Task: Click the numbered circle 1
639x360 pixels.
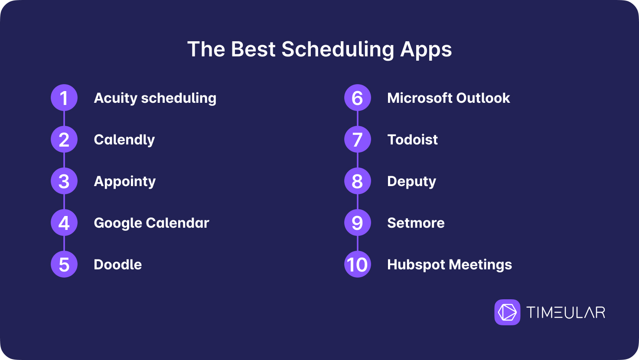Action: pyautogui.click(x=64, y=98)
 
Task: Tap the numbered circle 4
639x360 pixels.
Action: pyautogui.click(x=64, y=223)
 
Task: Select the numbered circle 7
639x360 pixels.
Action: pyautogui.click(x=358, y=139)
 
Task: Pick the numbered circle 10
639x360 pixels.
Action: pyautogui.click(x=358, y=265)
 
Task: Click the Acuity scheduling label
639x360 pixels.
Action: pyautogui.click(x=155, y=98)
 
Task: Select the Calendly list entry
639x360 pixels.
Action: pyautogui.click(x=124, y=140)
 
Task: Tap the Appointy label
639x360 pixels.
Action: pyautogui.click(x=125, y=182)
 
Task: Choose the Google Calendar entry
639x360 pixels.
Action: pyautogui.click(x=151, y=223)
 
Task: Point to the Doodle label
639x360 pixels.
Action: pyautogui.click(x=118, y=265)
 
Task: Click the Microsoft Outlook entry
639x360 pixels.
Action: pyautogui.click(x=448, y=98)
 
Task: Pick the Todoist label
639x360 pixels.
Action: pyautogui.click(x=413, y=140)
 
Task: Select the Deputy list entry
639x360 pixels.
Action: pyautogui.click(x=412, y=182)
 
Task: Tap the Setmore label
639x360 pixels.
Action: pyautogui.click(x=416, y=223)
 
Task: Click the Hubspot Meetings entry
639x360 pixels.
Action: pyautogui.click(x=450, y=265)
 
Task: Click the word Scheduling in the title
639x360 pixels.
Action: pyautogui.click(x=338, y=50)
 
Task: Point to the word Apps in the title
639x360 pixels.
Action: pyautogui.click(x=426, y=50)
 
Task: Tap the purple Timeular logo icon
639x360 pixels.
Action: pyautogui.click(x=507, y=312)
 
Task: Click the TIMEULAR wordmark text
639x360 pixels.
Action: pyautogui.click(x=566, y=312)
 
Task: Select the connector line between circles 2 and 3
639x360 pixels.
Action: pyautogui.click(x=64, y=160)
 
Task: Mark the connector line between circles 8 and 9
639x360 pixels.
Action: pyautogui.click(x=358, y=202)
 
